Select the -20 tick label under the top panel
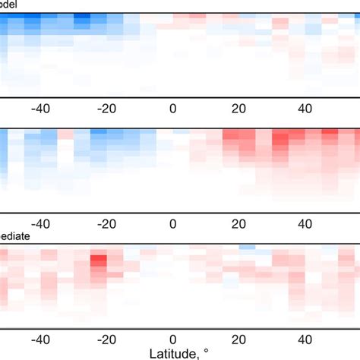(x=106, y=108)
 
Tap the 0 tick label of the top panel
(x=173, y=108)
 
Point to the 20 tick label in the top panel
(x=238, y=108)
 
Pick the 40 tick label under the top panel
(x=305, y=108)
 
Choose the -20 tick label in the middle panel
(x=106, y=224)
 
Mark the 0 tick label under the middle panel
(x=173, y=224)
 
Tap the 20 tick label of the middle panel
(x=238, y=224)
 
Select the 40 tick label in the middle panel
(x=305, y=224)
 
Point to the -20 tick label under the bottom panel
(x=106, y=340)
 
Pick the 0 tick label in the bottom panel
(x=173, y=340)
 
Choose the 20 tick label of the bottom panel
(x=238, y=340)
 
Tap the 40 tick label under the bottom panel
(x=305, y=340)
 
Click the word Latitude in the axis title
(x=174, y=353)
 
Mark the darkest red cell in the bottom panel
(x=98, y=261)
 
